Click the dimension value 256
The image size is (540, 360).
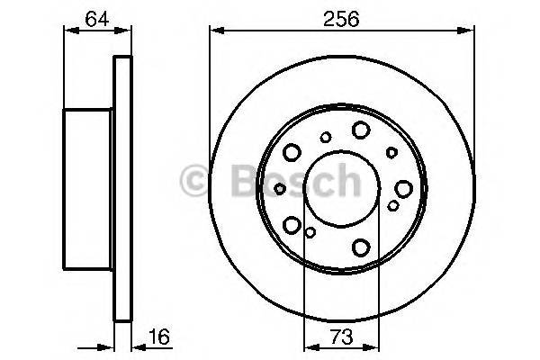[x=341, y=17]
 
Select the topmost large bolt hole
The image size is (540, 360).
[x=360, y=130]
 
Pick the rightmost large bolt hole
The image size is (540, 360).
[x=402, y=188]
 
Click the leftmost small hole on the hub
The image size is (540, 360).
[x=280, y=188]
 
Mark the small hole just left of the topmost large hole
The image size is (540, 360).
[x=326, y=138]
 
